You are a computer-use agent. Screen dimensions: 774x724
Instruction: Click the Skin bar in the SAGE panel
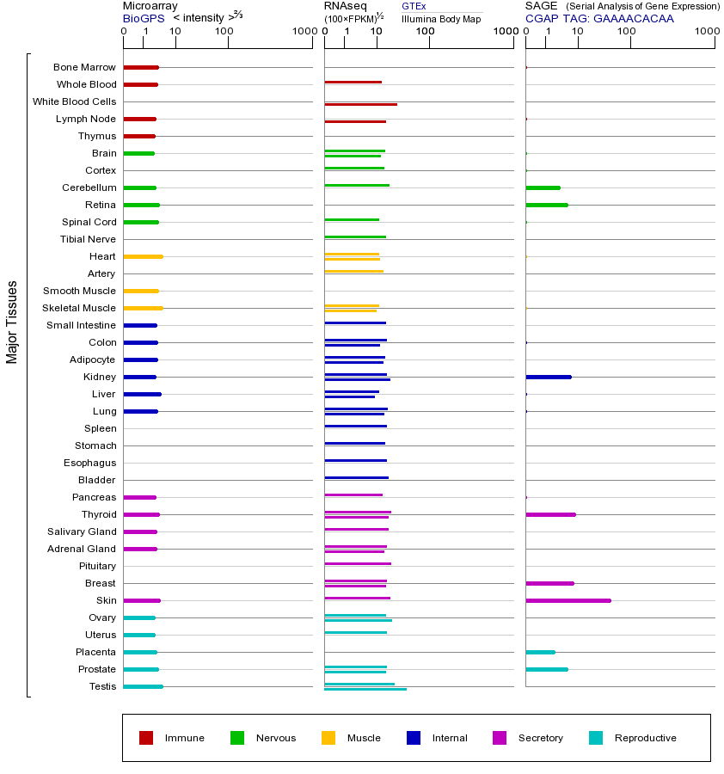coord(568,600)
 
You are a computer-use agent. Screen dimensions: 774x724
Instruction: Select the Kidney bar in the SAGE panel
coord(548,377)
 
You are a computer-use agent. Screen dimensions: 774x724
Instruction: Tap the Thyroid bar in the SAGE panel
coord(550,514)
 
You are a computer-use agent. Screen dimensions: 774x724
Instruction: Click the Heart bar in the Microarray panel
coord(143,256)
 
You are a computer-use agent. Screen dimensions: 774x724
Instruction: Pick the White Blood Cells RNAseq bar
coord(360,104)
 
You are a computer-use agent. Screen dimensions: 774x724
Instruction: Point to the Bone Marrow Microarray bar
coord(141,67)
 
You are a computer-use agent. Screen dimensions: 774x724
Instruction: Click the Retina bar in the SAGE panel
coord(546,205)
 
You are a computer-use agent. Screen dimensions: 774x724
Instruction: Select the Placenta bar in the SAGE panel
coord(540,652)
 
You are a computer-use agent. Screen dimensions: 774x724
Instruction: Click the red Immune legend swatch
coord(146,738)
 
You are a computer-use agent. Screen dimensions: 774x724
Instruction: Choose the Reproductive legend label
coord(645,738)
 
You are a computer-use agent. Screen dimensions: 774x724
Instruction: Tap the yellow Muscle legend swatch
coord(328,738)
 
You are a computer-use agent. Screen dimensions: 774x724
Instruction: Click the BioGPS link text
coord(141,17)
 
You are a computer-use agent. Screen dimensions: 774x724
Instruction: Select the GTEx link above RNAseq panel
coord(414,6)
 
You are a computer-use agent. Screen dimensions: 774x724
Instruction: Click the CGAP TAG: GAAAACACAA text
coord(599,17)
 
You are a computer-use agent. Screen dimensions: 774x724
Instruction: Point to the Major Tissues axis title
coord(12,322)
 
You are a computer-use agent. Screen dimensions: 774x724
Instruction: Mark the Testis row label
coord(102,686)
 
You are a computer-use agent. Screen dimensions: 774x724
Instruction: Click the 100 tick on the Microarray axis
coord(224,32)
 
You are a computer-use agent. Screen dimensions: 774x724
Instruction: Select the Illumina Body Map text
coord(441,18)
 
